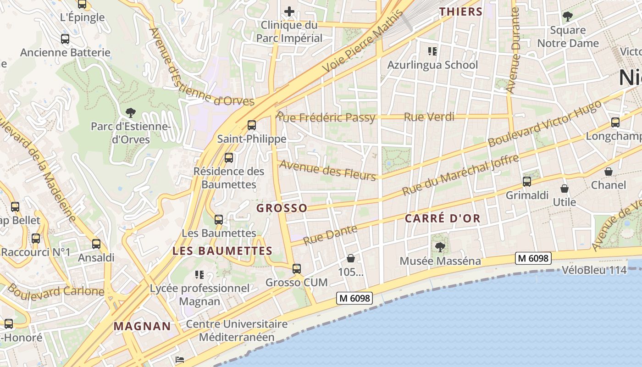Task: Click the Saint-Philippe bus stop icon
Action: [251, 125]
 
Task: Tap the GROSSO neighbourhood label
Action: [282, 208]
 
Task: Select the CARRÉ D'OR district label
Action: [443, 218]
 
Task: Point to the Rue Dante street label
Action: [330, 235]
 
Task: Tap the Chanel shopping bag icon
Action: [609, 172]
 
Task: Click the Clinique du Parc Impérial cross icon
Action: [289, 11]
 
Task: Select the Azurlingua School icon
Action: [432, 51]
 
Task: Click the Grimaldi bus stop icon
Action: [527, 182]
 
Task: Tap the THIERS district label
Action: [461, 12]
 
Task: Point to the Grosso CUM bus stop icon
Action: [297, 269]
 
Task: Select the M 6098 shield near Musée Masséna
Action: [532, 258]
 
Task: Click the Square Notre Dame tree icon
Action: [568, 17]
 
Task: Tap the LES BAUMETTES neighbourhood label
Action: [222, 251]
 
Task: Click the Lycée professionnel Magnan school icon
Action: [199, 275]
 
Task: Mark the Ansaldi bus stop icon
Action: [96, 244]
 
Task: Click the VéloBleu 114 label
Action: [594, 270]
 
